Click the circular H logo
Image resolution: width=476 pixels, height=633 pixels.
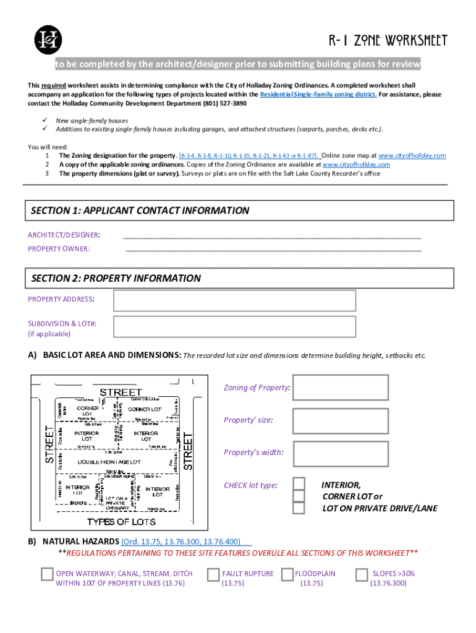(x=48, y=40)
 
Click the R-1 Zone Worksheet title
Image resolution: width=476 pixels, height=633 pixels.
(x=387, y=41)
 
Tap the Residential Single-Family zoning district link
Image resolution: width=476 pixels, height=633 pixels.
(x=318, y=95)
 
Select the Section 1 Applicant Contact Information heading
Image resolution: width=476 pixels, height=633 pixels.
(x=140, y=211)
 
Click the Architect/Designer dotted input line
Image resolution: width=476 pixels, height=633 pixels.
(x=272, y=237)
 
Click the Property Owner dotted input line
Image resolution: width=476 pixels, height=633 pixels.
(x=273, y=251)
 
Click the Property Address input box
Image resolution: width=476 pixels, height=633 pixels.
(x=234, y=300)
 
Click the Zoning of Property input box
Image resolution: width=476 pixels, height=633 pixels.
(x=341, y=388)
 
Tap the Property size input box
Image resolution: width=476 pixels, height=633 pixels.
(x=341, y=420)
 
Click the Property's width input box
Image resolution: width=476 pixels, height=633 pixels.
(x=341, y=453)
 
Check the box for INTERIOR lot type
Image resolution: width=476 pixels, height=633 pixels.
(x=299, y=483)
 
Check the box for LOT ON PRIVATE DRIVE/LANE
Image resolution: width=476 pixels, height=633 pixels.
(x=299, y=508)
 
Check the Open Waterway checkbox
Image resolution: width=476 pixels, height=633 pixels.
(x=47, y=574)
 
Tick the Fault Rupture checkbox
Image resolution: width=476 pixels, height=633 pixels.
(x=213, y=574)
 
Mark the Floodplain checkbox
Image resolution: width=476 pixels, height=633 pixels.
(x=287, y=574)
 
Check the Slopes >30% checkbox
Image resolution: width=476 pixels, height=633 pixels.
(x=362, y=574)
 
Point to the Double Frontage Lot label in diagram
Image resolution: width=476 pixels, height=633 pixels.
(x=109, y=462)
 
